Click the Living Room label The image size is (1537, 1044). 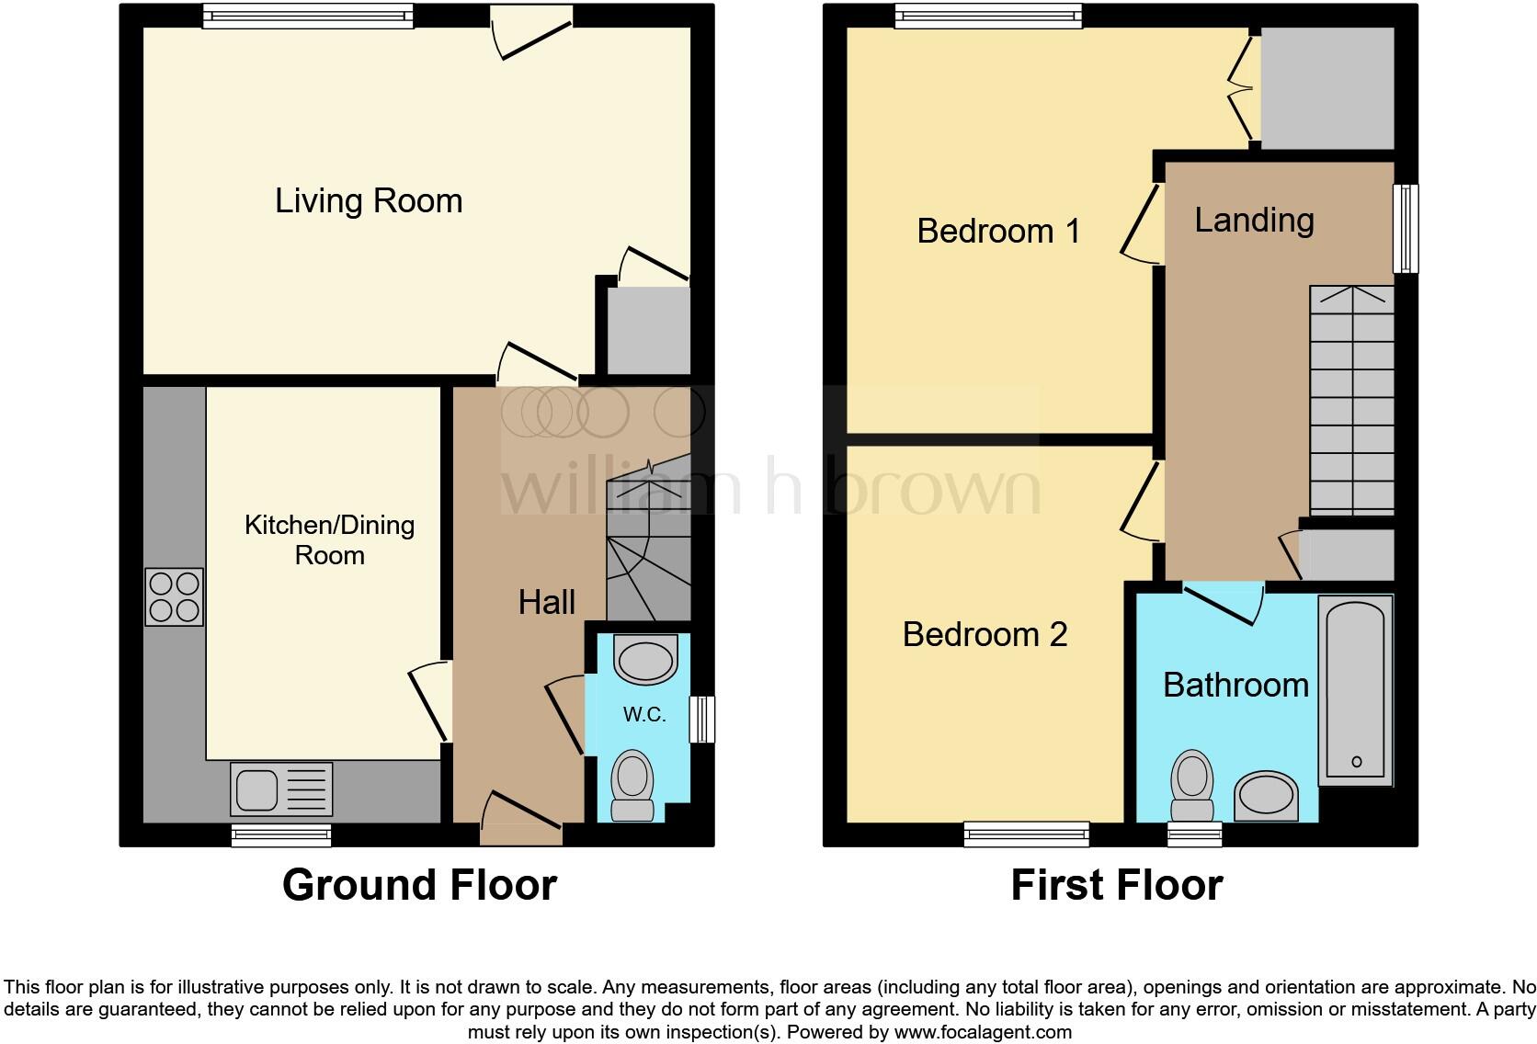(x=369, y=201)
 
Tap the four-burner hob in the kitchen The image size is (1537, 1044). (x=174, y=597)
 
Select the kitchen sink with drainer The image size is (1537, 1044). (x=281, y=789)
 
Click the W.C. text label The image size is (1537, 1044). (x=644, y=715)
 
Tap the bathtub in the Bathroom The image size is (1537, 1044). (x=1356, y=689)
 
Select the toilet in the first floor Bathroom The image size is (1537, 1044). (x=1192, y=786)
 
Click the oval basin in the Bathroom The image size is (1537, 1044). (x=1266, y=796)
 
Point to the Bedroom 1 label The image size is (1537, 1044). (x=998, y=231)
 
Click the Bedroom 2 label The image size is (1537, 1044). (x=985, y=634)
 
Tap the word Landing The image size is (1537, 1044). (x=1254, y=220)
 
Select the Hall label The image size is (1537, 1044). (x=547, y=603)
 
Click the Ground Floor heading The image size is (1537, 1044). (x=419, y=885)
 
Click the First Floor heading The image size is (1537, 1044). (x=1116, y=885)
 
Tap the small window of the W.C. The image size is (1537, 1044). (x=701, y=719)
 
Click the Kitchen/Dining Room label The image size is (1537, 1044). (x=329, y=539)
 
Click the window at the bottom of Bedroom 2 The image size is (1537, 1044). (x=1026, y=834)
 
